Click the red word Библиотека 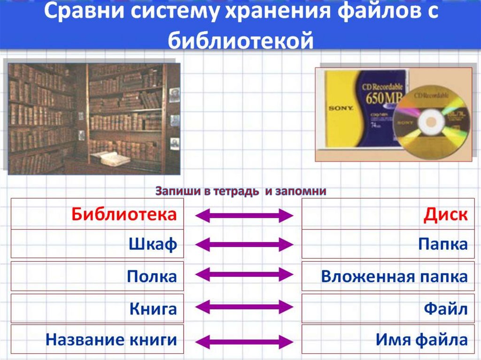click(124, 214)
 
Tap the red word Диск click(445, 214)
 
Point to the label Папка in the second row click(443, 245)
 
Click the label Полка click(151, 276)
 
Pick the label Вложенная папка click(394, 276)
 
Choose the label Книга click(153, 309)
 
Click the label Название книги click(111, 339)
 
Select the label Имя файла click(422, 339)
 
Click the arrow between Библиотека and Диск click(243, 215)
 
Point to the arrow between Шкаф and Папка click(243, 245)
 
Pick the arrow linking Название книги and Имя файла click(243, 341)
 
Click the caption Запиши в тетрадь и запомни click(240, 191)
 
